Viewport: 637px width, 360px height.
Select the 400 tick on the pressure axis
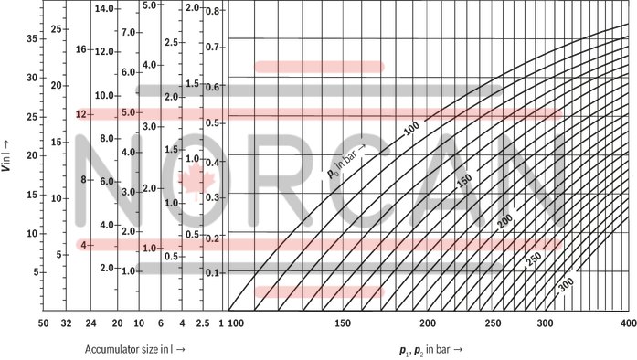point(627,323)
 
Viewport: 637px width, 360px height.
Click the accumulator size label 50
point(42,323)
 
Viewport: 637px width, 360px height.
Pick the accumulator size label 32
point(66,323)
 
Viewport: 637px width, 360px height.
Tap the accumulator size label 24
point(90,323)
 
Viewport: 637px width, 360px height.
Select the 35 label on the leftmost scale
point(30,39)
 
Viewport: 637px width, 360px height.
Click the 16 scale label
point(80,49)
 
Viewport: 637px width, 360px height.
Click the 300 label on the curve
point(566,284)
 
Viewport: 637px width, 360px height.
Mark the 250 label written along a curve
point(535,258)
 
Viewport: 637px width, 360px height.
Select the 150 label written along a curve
point(463,181)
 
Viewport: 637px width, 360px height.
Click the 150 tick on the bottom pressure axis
point(343,323)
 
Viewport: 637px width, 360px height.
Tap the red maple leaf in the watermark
point(193,179)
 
